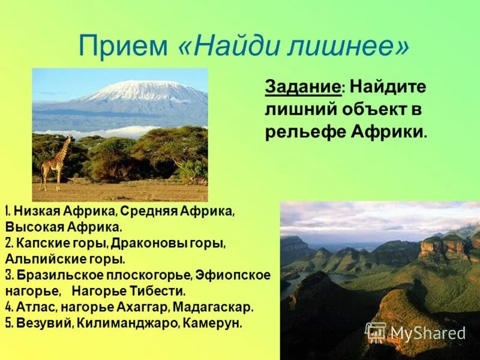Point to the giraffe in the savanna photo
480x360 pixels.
coord(56,162)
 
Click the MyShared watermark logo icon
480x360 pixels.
coord(376,332)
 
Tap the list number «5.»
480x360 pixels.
coord(9,323)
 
